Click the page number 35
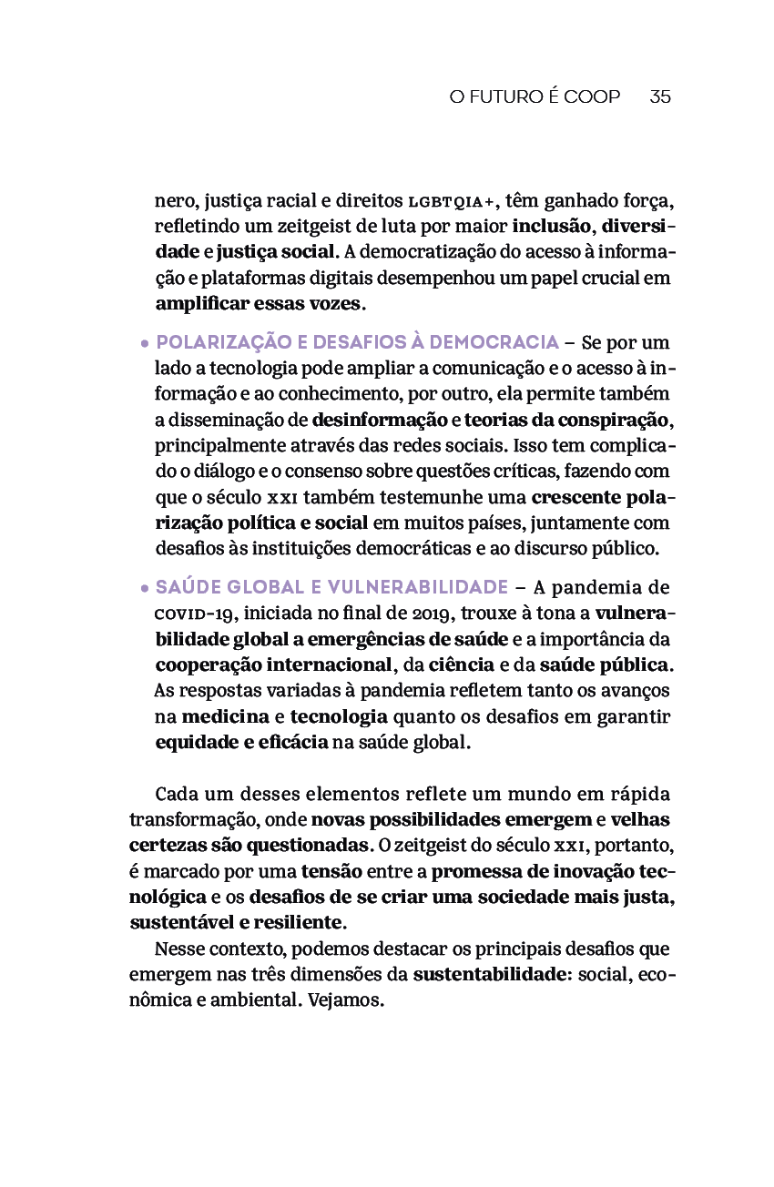(x=660, y=96)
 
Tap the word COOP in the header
(x=592, y=96)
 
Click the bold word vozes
(x=334, y=303)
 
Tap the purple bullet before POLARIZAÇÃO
(x=145, y=344)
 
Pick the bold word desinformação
(x=379, y=421)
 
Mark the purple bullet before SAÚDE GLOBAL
(x=145, y=588)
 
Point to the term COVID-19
(x=194, y=613)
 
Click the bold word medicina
(x=225, y=716)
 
